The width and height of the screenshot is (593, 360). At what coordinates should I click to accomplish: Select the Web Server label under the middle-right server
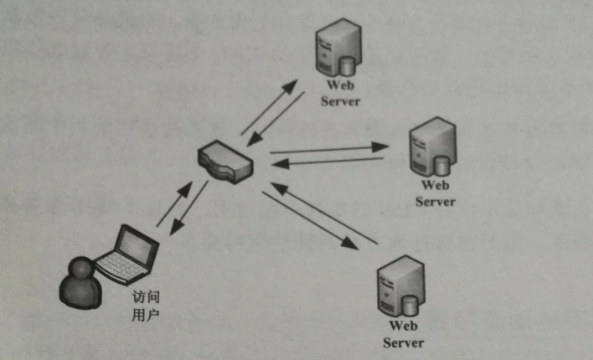tap(436, 193)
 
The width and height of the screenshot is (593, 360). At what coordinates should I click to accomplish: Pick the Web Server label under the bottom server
tap(403, 334)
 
